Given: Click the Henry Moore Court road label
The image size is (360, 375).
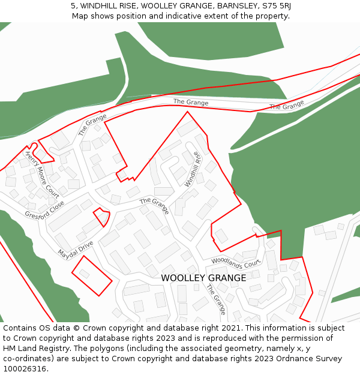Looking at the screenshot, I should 41,175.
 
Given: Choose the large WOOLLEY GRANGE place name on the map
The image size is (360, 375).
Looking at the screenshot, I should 203,278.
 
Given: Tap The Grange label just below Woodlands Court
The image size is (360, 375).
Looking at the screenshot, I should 216,299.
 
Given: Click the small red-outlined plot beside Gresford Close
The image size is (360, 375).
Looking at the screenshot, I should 102,216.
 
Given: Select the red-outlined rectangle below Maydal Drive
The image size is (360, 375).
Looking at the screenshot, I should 92,275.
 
